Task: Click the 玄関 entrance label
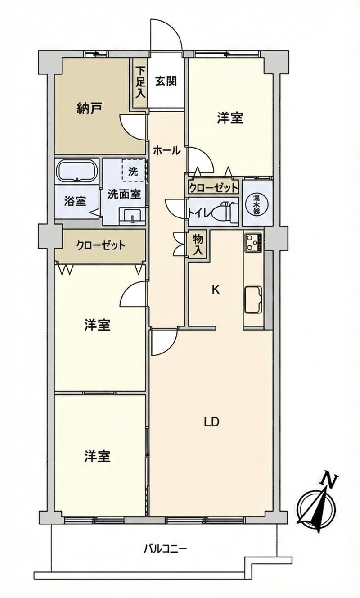166,81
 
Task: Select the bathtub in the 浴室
77,171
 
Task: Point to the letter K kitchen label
216,290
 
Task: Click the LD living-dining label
211,422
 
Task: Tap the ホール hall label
167,151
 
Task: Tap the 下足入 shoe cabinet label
141,82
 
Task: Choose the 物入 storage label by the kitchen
198,244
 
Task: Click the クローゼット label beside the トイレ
213,188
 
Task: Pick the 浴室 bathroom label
75,201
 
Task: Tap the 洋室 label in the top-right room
230,118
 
